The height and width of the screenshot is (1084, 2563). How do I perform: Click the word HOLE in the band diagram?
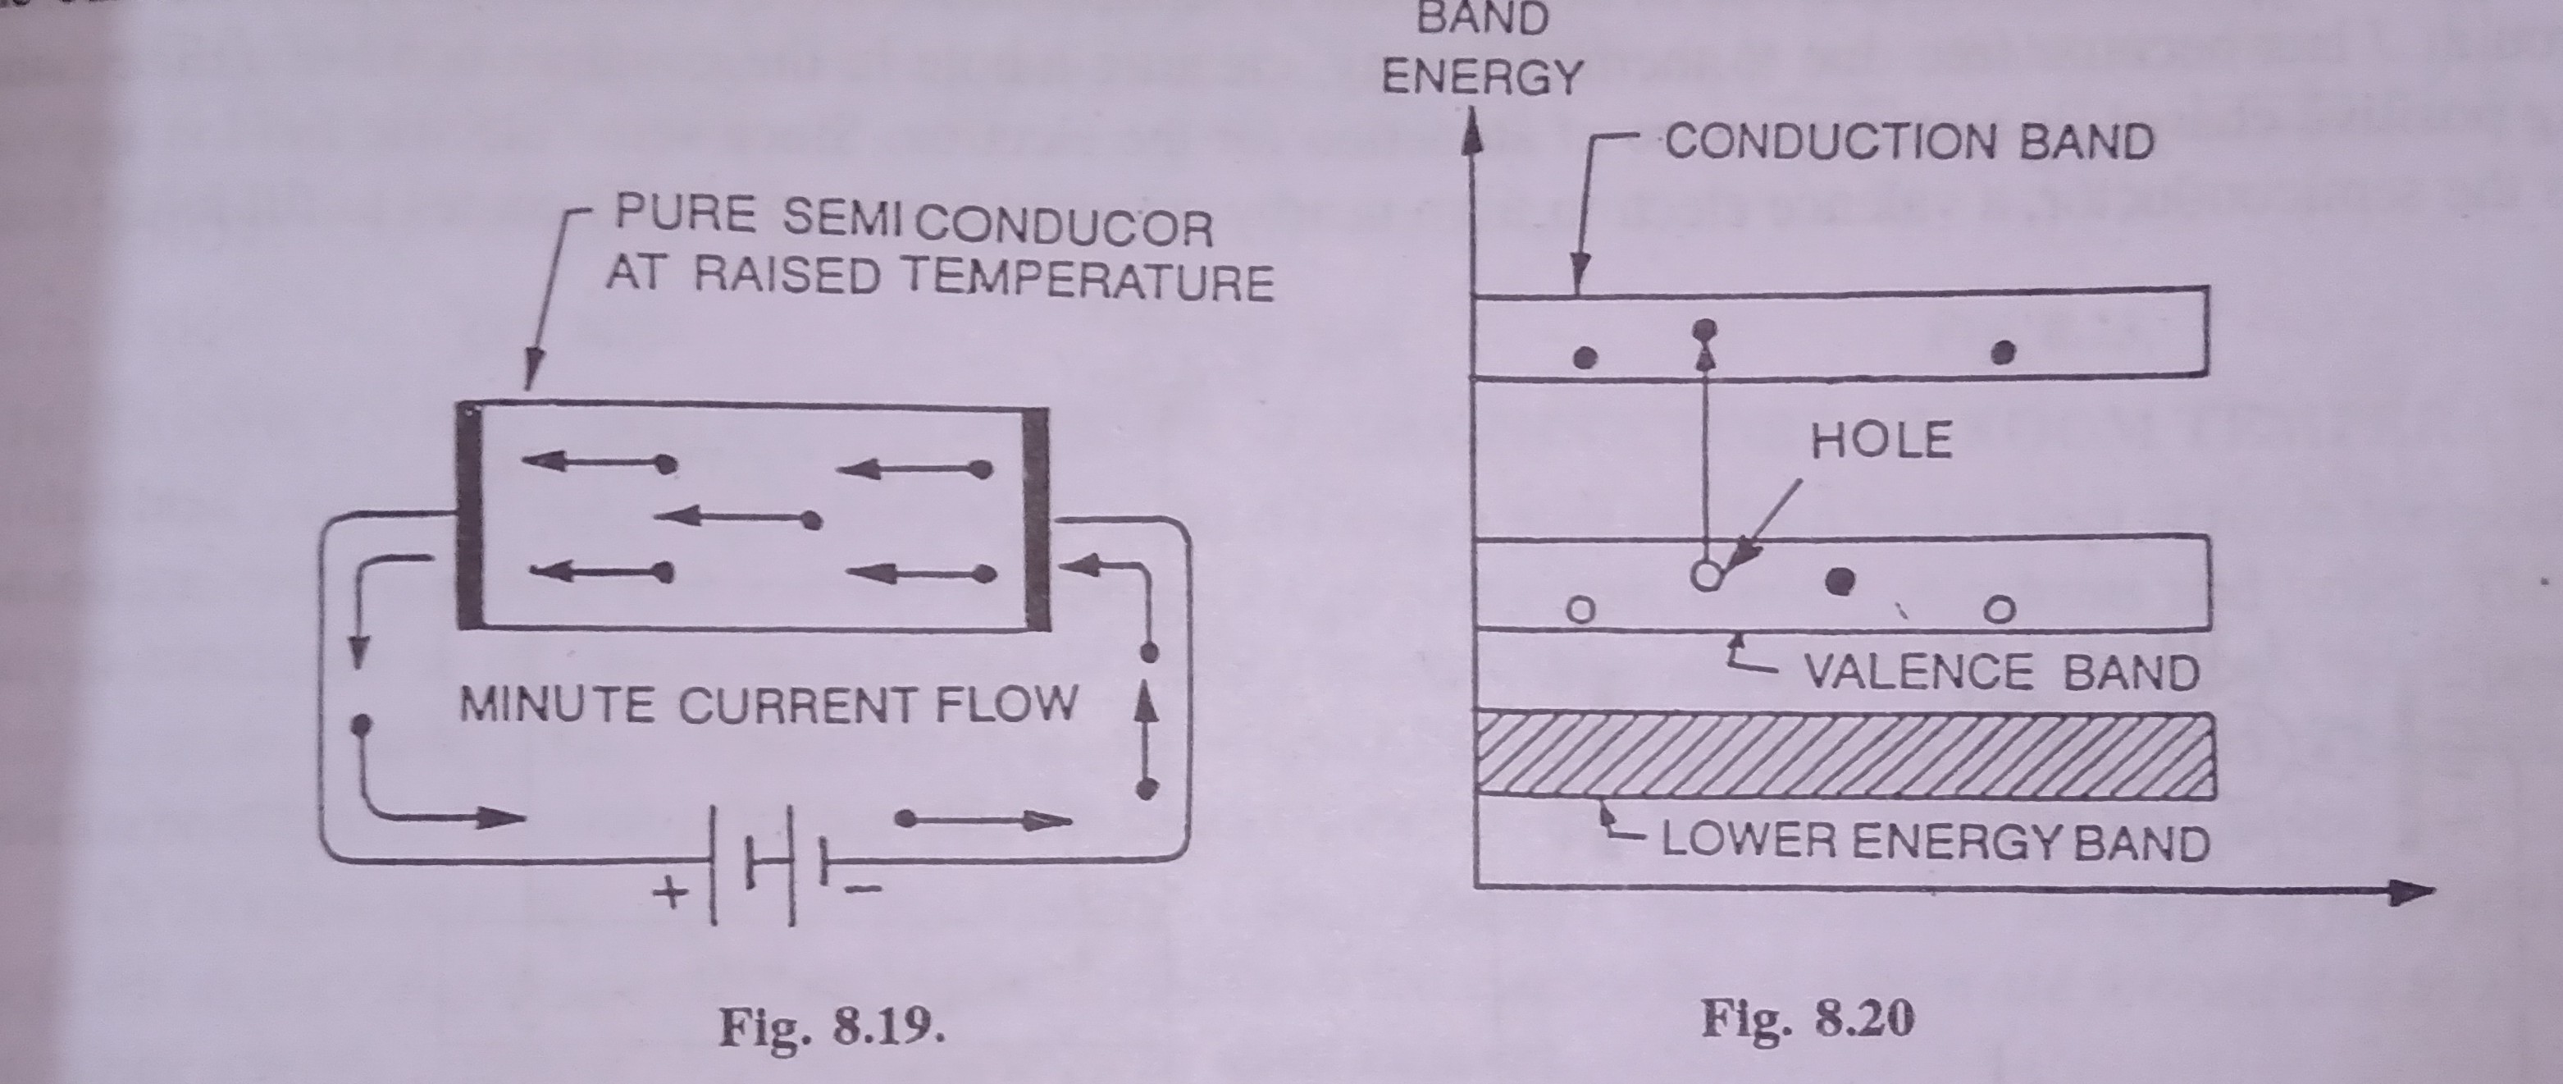[x=1881, y=441]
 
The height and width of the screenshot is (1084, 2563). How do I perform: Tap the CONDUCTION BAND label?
[x=1909, y=142]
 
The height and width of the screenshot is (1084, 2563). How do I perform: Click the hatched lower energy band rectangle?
[x=1845, y=754]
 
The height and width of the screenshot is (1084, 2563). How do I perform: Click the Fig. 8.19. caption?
[x=832, y=1027]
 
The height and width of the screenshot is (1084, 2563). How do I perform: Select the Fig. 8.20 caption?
[x=1808, y=1020]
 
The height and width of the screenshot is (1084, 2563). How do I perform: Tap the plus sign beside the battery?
[x=673, y=892]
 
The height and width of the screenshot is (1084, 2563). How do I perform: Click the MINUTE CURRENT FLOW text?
[x=768, y=705]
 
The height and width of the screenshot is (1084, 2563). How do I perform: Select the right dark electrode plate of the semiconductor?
[x=1037, y=515]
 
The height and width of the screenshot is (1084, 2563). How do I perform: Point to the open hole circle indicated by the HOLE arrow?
[x=1707, y=575]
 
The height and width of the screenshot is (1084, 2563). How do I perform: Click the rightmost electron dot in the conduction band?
[x=2006, y=351]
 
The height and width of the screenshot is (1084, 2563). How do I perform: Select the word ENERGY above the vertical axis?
[x=1481, y=76]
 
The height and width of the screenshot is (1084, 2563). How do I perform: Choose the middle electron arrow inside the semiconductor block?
[x=737, y=518]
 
